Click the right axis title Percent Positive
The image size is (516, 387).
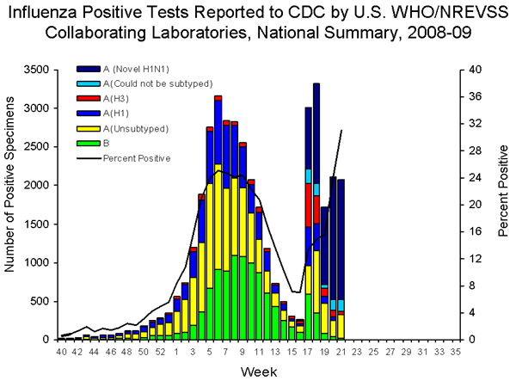pyautogui.click(x=503, y=204)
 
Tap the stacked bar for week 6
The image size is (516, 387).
pyautogui.click(x=218, y=224)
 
